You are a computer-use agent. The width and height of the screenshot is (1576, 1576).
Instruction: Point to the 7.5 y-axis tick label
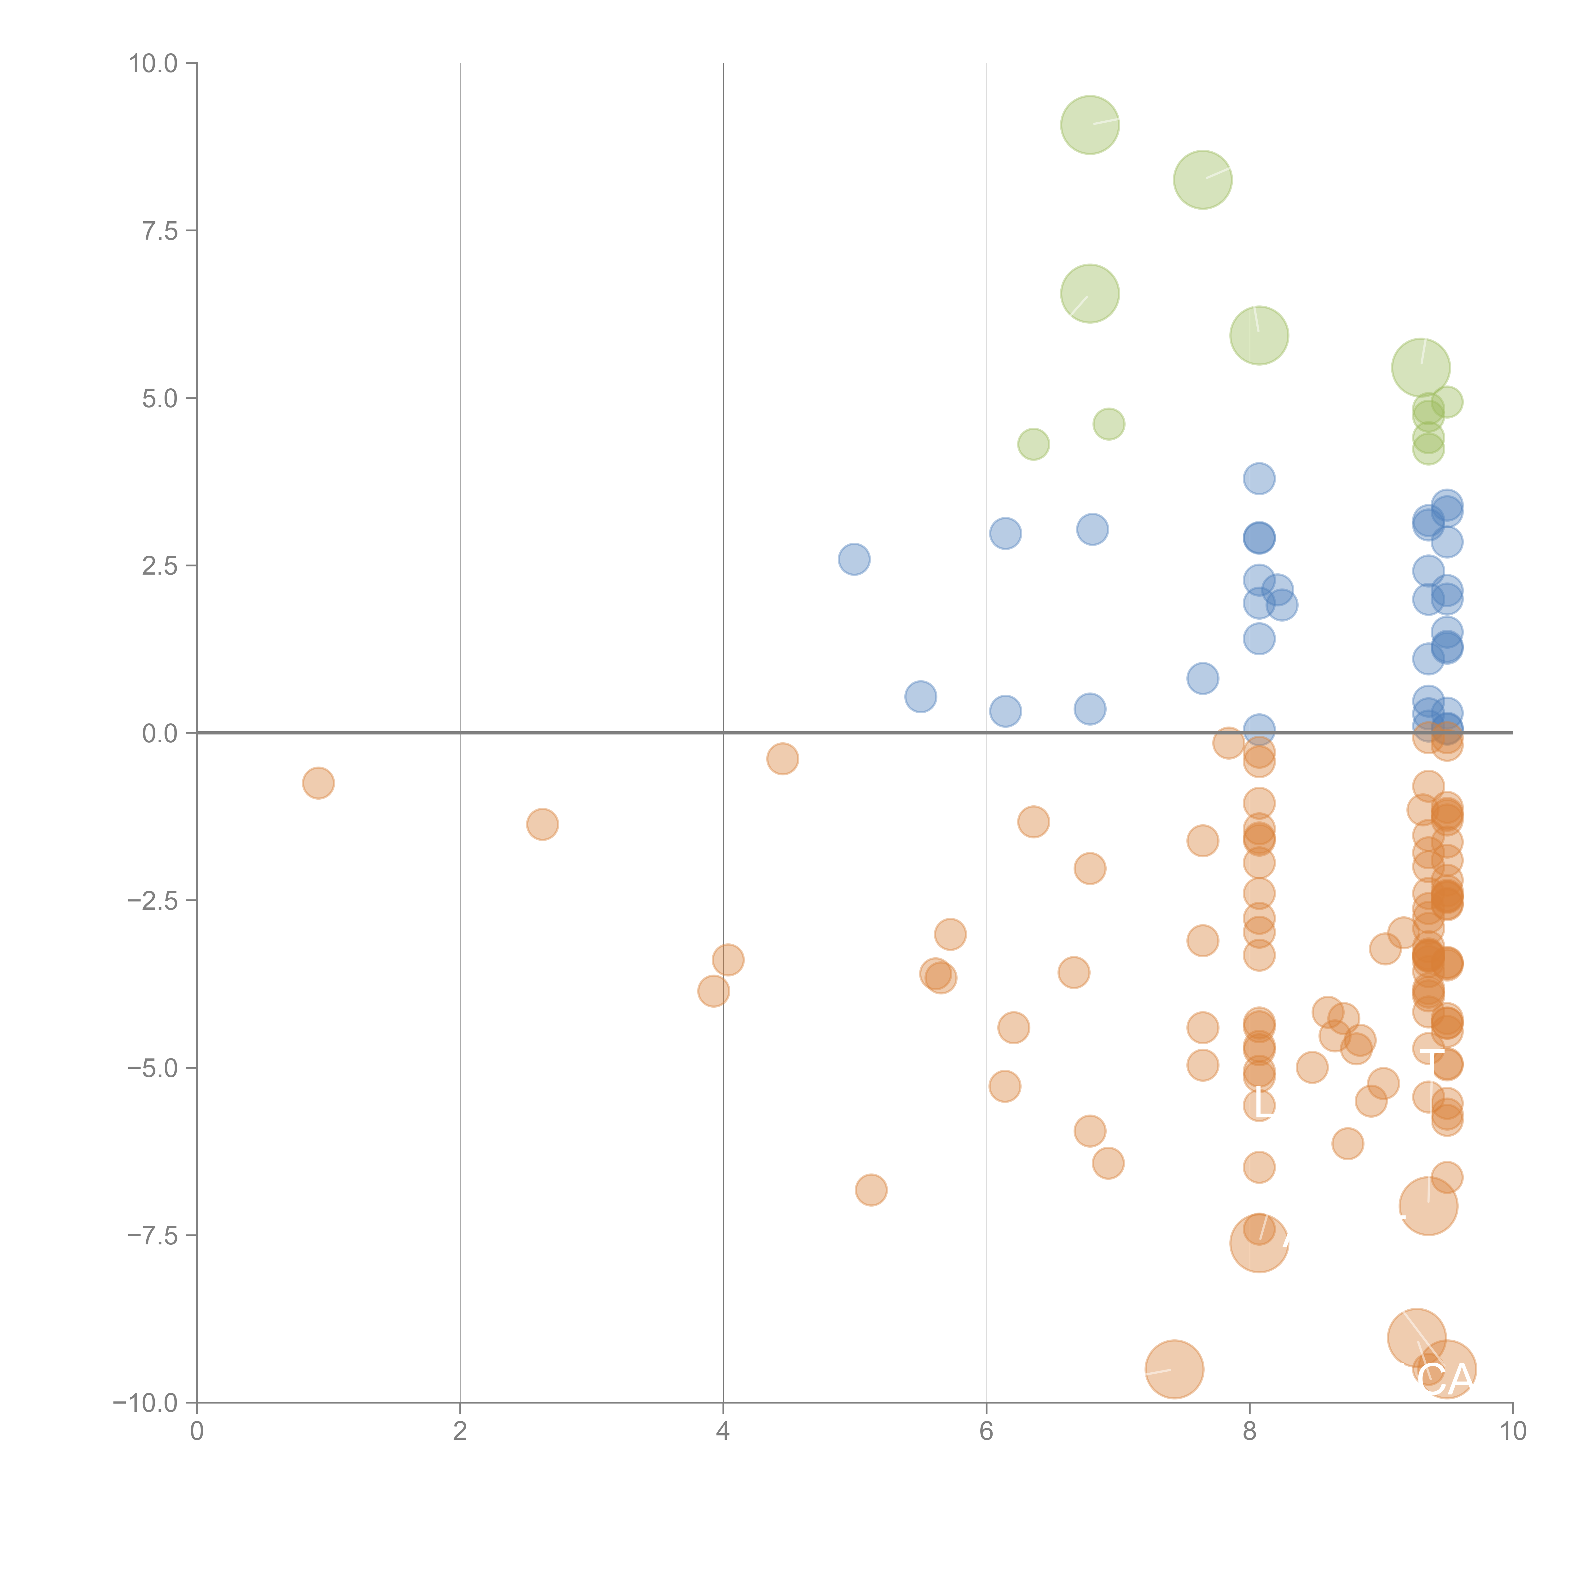(160, 231)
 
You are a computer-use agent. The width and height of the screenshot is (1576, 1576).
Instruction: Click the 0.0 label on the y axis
(160, 733)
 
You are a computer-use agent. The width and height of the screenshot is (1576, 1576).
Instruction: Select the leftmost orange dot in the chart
(318, 783)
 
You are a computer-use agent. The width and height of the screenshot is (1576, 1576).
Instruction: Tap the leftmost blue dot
(854, 559)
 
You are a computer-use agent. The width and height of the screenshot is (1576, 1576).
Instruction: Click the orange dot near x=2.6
(542, 825)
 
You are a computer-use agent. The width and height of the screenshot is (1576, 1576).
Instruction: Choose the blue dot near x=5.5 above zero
(920, 697)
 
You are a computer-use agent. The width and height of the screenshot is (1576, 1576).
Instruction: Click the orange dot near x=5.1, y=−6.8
(871, 1190)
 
